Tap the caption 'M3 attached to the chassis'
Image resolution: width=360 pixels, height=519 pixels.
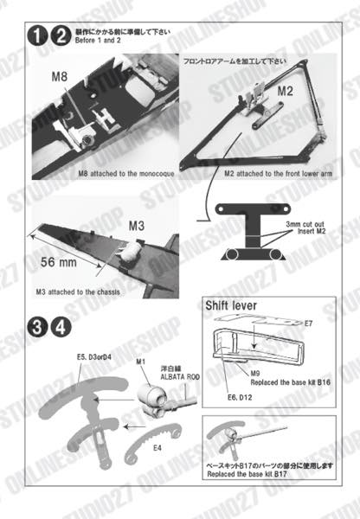79,292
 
